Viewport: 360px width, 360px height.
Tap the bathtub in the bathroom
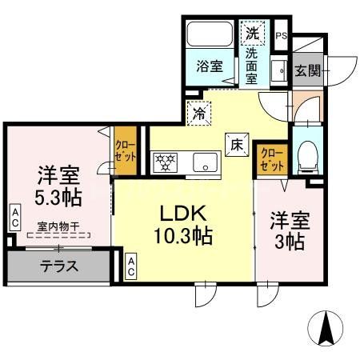[x=209, y=37]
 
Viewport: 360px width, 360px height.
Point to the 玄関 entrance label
[x=306, y=70]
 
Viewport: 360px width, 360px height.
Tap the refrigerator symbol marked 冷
[x=198, y=114]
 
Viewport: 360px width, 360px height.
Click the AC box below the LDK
[x=131, y=265]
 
